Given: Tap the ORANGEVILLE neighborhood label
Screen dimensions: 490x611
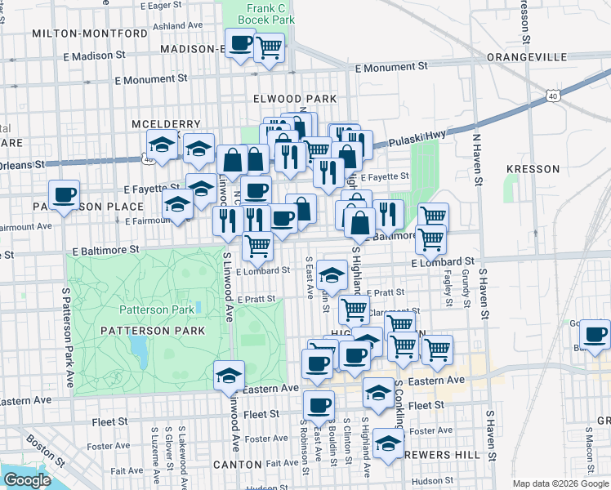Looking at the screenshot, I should click(526, 57).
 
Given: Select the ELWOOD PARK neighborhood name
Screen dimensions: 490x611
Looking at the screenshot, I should click(295, 99).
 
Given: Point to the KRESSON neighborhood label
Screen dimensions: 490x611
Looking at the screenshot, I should click(533, 169).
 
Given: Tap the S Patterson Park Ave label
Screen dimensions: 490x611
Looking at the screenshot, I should click(69, 338).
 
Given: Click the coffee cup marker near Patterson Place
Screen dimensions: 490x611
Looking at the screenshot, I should click(64, 196).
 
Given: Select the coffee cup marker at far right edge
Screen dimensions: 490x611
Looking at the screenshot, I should click(595, 335).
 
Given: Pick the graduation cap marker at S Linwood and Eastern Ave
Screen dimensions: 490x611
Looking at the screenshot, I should click(229, 376).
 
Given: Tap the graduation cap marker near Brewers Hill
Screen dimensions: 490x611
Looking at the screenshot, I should click(388, 445).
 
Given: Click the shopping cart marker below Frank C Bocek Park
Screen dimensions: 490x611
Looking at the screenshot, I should click(269, 48).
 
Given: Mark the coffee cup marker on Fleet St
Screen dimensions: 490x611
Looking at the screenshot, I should click(319, 405).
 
